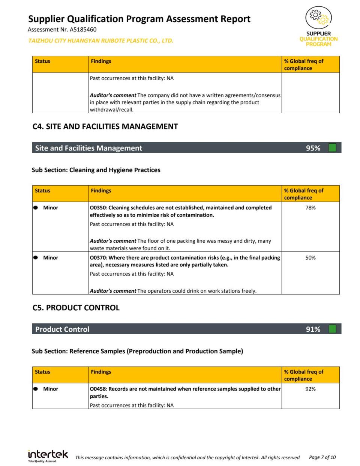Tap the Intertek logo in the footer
point(48,455)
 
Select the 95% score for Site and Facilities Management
point(313,148)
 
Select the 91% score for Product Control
point(313,329)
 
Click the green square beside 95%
point(332,148)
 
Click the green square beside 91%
point(332,329)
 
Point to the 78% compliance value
point(310,208)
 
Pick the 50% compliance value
point(310,258)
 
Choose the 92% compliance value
point(310,389)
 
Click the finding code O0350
point(98,208)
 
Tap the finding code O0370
point(98,258)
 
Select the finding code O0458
point(98,389)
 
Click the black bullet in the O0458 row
point(36,389)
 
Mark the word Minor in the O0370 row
point(51,258)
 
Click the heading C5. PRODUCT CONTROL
point(76,308)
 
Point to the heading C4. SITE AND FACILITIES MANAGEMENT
point(105,127)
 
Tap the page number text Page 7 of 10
point(322,457)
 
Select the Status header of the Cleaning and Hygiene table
point(42,191)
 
